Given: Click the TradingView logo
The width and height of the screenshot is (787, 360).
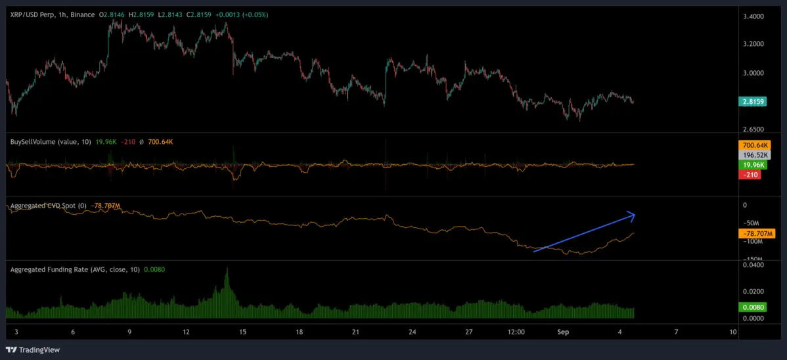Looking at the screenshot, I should coord(33,349).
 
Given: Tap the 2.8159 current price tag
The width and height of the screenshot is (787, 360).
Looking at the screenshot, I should coord(752,102).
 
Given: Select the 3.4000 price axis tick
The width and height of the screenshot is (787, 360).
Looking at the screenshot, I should coord(752,16).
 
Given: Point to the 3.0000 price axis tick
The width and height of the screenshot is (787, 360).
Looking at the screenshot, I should coord(752,73).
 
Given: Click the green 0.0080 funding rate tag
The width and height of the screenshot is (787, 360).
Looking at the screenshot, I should coord(752,307).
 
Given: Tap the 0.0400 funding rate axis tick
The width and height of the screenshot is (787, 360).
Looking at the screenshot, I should coord(752,265).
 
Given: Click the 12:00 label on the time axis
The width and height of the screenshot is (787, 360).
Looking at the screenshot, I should coord(516,332).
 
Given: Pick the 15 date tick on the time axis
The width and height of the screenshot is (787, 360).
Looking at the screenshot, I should coord(243,332).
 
